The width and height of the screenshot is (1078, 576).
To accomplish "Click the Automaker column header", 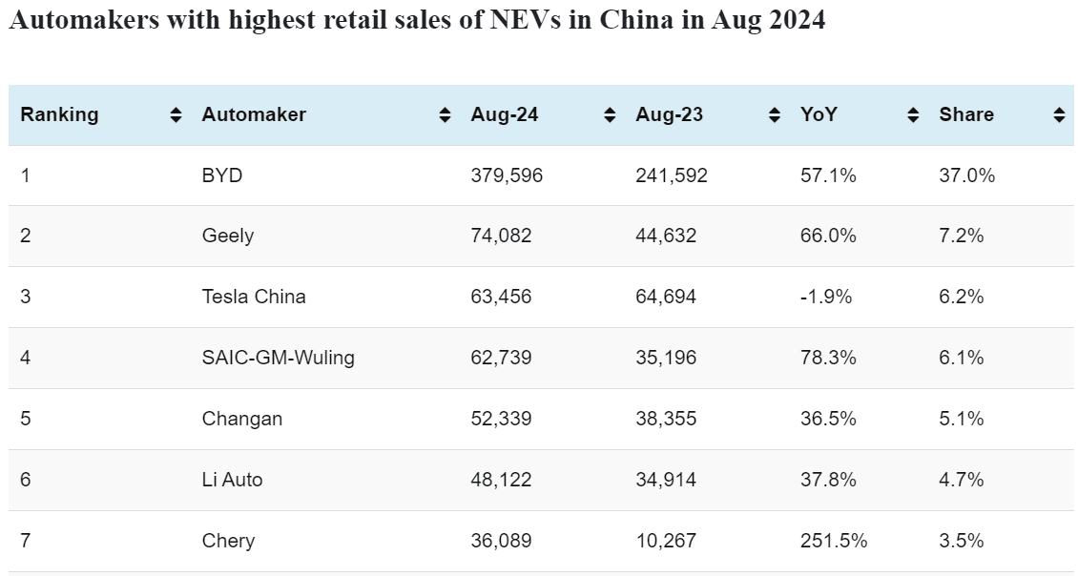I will pyautogui.click(x=254, y=114).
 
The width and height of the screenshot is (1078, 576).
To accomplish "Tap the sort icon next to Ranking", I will pyautogui.click(x=176, y=115).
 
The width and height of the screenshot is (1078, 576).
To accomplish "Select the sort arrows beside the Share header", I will pyautogui.click(x=1059, y=115).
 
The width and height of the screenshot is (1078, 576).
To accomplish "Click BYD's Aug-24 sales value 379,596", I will pyautogui.click(x=507, y=175).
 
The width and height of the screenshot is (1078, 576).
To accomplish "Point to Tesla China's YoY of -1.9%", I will pyautogui.click(x=826, y=297).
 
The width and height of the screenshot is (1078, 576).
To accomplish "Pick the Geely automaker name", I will pyautogui.click(x=228, y=236).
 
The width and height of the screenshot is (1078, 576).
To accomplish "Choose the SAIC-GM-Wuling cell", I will pyautogui.click(x=278, y=358).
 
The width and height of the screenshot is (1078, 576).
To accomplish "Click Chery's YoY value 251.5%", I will pyautogui.click(x=834, y=541).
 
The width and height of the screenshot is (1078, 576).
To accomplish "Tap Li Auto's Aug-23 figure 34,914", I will pyautogui.click(x=666, y=480).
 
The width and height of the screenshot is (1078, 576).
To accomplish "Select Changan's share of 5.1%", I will pyautogui.click(x=961, y=419).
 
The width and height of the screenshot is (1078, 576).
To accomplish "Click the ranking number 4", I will pyautogui.click(x=26, y=358).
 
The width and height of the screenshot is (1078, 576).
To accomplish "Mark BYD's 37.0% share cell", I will pyautogui.click(x=966, y=175).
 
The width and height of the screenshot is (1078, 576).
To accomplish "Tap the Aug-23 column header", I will pyautogui.click(x=669, y=114).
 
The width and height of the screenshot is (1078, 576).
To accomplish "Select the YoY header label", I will pyautogui.click(x=819, y=114).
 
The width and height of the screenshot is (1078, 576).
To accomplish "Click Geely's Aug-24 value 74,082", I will pyautogui.click(x=501, y=236).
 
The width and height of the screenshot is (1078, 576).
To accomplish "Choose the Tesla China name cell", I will pyautogui.click(x=254, y=297).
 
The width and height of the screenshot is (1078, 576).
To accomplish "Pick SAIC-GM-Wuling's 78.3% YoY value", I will pyautogui.click(x=828, y=358).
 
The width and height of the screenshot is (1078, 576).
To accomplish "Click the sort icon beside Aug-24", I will pyautogui.click(x=610, y=115).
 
